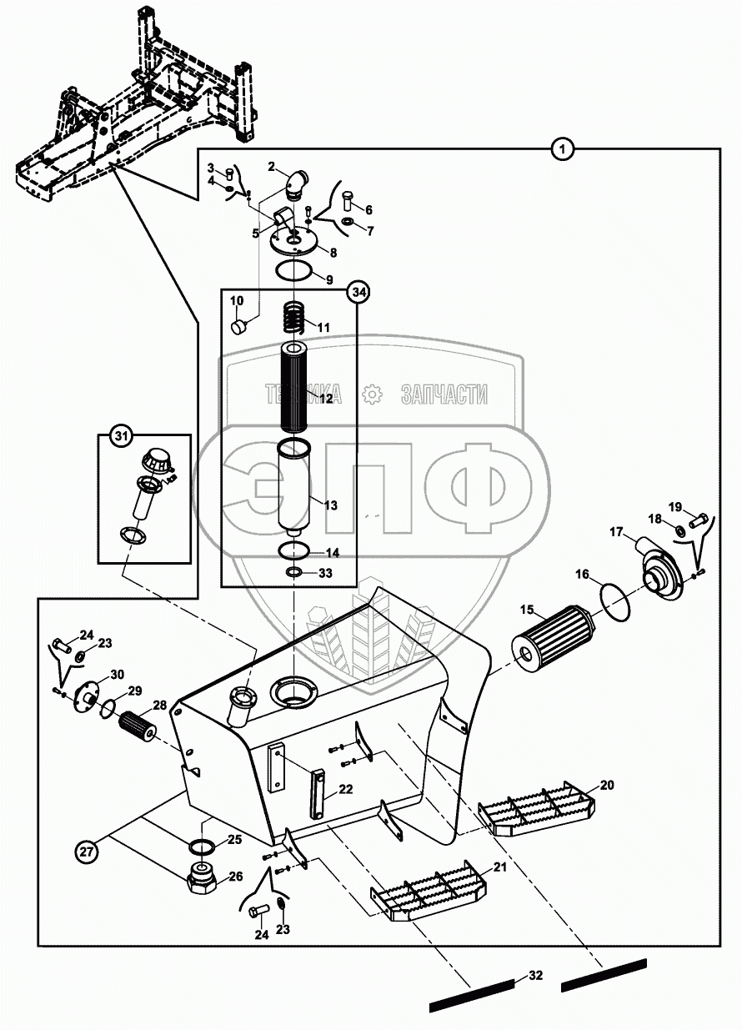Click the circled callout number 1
pyautogui.click(x=561, y=149)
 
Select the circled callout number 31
pyautogui.click(x=121, y=435)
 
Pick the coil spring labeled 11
pyautogui.click(x=293, y=316)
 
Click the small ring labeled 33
pyautogui.click(x=293, y=572)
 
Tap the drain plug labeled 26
pyautogui.click(x=202, y=875)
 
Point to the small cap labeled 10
pyautogui.click(x=239, y=327)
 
